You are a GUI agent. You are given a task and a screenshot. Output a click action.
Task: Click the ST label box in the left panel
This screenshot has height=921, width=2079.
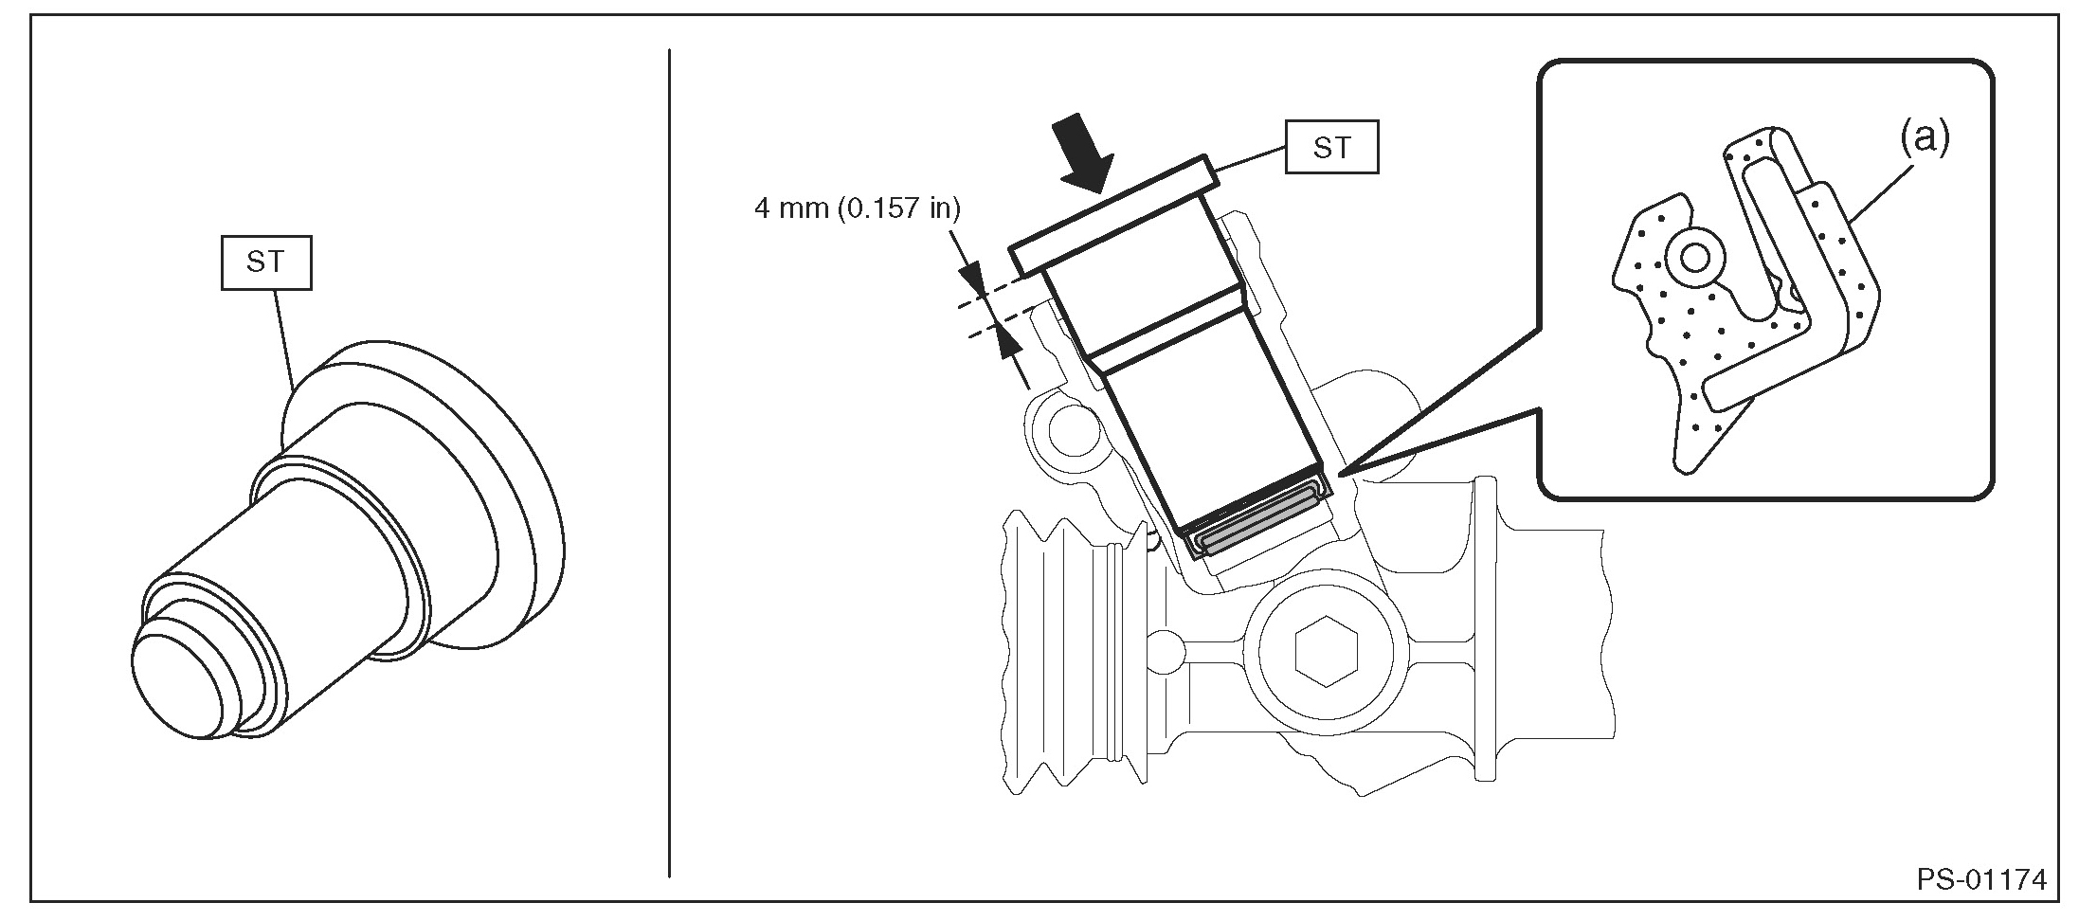[265, 262]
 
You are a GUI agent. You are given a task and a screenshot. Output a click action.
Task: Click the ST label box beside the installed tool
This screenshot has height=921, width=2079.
[1331, 148]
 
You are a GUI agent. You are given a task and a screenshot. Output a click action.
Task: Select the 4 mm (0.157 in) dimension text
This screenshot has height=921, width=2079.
[857, 208]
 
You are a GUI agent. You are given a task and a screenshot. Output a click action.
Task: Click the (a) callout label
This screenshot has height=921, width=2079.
[1925, 139]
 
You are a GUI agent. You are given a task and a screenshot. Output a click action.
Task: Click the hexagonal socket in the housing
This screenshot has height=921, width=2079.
[1327, 654]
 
